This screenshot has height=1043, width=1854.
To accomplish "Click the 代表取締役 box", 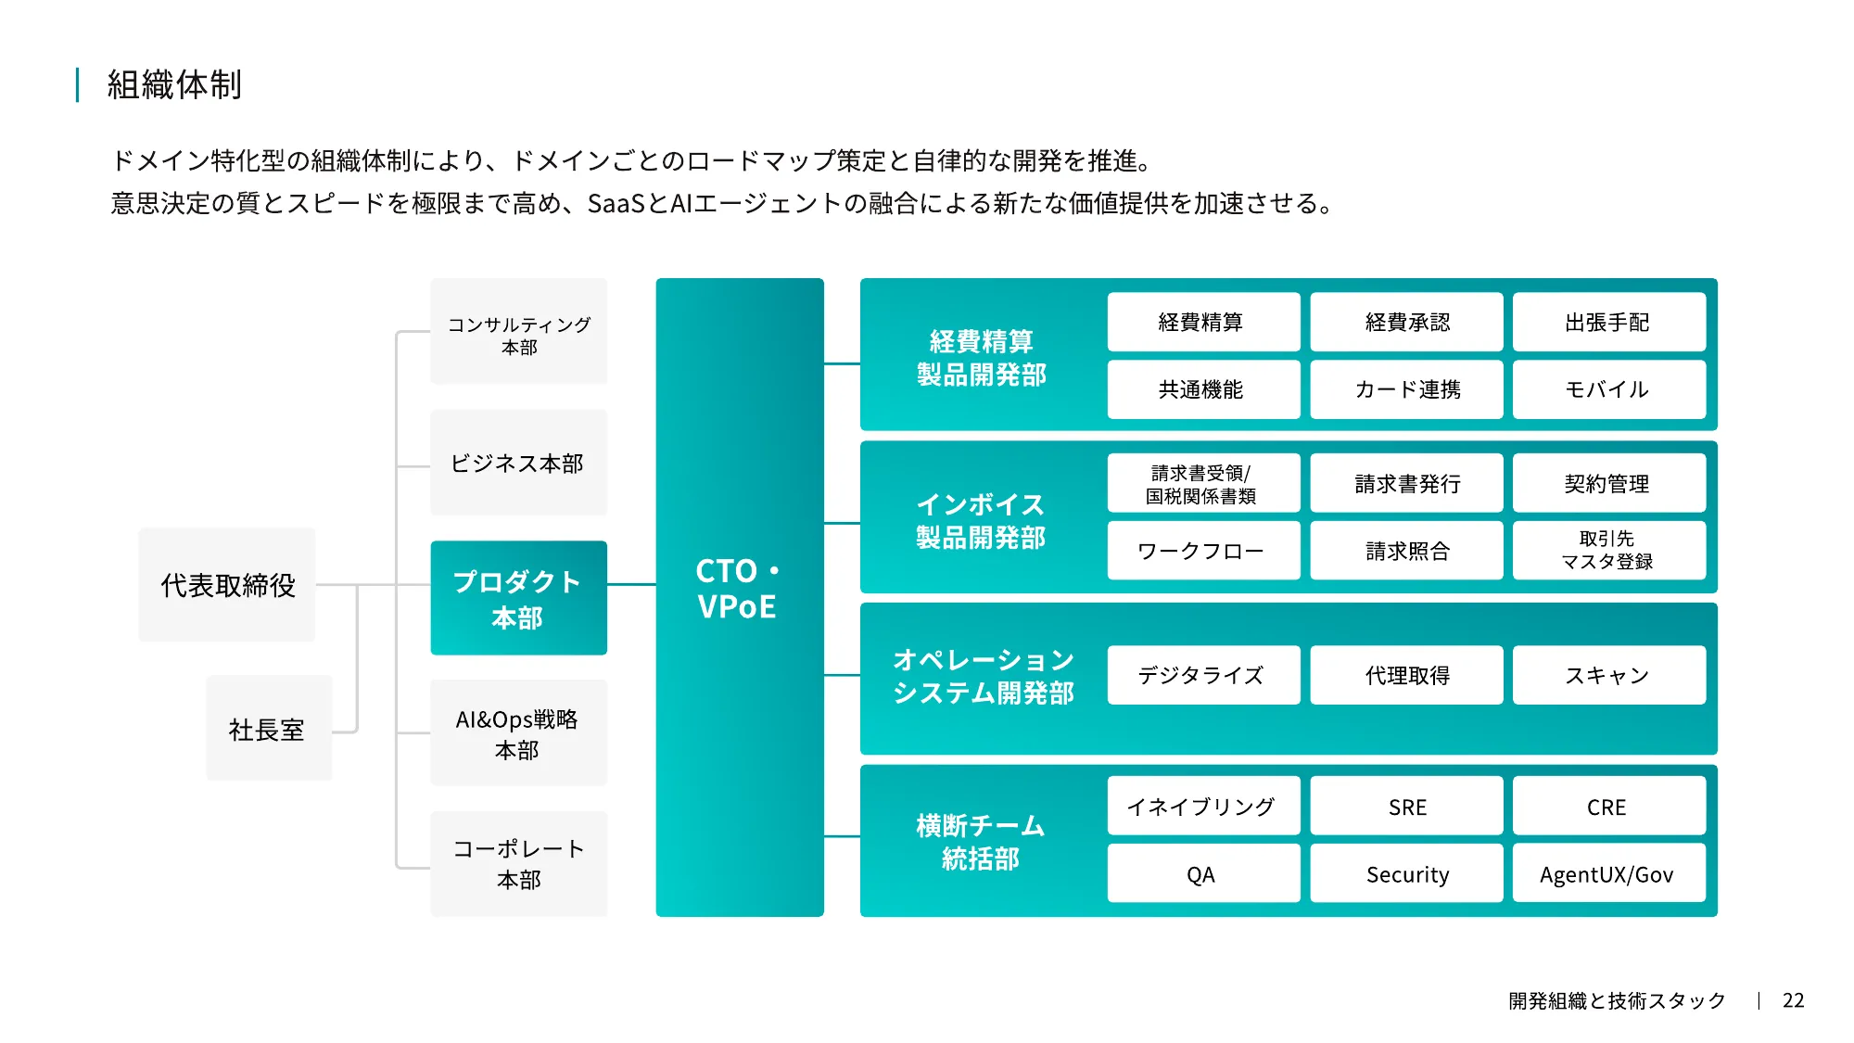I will coord(227,585).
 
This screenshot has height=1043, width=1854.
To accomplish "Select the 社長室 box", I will coord(268,729).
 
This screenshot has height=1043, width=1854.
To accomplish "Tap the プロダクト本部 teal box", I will coord(518,598).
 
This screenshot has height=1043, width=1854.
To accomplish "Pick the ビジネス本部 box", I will coord(518,463).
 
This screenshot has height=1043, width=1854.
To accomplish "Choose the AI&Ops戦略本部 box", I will coord(518,733).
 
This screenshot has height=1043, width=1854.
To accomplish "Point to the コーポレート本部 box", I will coord(518,864).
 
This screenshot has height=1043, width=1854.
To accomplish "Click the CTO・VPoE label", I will coord(739,589).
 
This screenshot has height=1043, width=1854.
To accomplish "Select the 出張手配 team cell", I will coord(1608,322).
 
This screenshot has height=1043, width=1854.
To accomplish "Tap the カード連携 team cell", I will coord(1406,389).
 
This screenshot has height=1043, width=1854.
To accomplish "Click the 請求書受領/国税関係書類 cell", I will coord(1202,483).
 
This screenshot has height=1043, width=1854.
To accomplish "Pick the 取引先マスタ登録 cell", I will coord(1608,550).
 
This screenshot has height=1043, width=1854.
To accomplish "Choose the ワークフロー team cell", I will coord(1202,551).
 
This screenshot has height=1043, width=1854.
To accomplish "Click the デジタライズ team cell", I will coord(1202,675).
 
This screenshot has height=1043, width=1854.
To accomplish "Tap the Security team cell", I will coord(1406,873).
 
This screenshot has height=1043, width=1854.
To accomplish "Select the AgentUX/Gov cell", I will coord(1608,873).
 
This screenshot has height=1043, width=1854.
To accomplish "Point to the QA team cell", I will coord(1202,873).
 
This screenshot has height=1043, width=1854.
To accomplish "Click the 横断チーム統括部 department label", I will coord(981,842).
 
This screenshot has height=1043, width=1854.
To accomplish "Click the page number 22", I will coord(1793,1000).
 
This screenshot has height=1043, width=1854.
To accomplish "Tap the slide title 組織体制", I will coord(174,84).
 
